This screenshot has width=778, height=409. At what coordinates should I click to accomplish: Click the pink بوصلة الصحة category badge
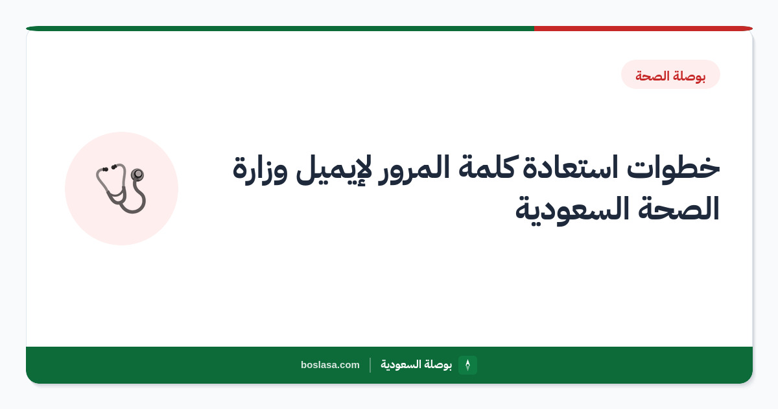tap(670, 75)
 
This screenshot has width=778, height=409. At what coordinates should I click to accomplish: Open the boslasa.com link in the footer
tap(330, 365)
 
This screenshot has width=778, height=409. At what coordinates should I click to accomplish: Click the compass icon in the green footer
tap(467, 365)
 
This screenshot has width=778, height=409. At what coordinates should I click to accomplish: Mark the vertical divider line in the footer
tap(370, 365)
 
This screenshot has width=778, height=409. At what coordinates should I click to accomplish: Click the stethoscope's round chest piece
tap(137, 174)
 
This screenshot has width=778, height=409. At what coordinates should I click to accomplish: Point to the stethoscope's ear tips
tap(109, 168)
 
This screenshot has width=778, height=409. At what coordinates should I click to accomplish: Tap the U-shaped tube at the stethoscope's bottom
tap(134, 207)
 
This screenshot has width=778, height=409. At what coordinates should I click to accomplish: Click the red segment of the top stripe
tap(643, 29)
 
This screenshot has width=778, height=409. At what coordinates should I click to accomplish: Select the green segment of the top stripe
tap(280, 29)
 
